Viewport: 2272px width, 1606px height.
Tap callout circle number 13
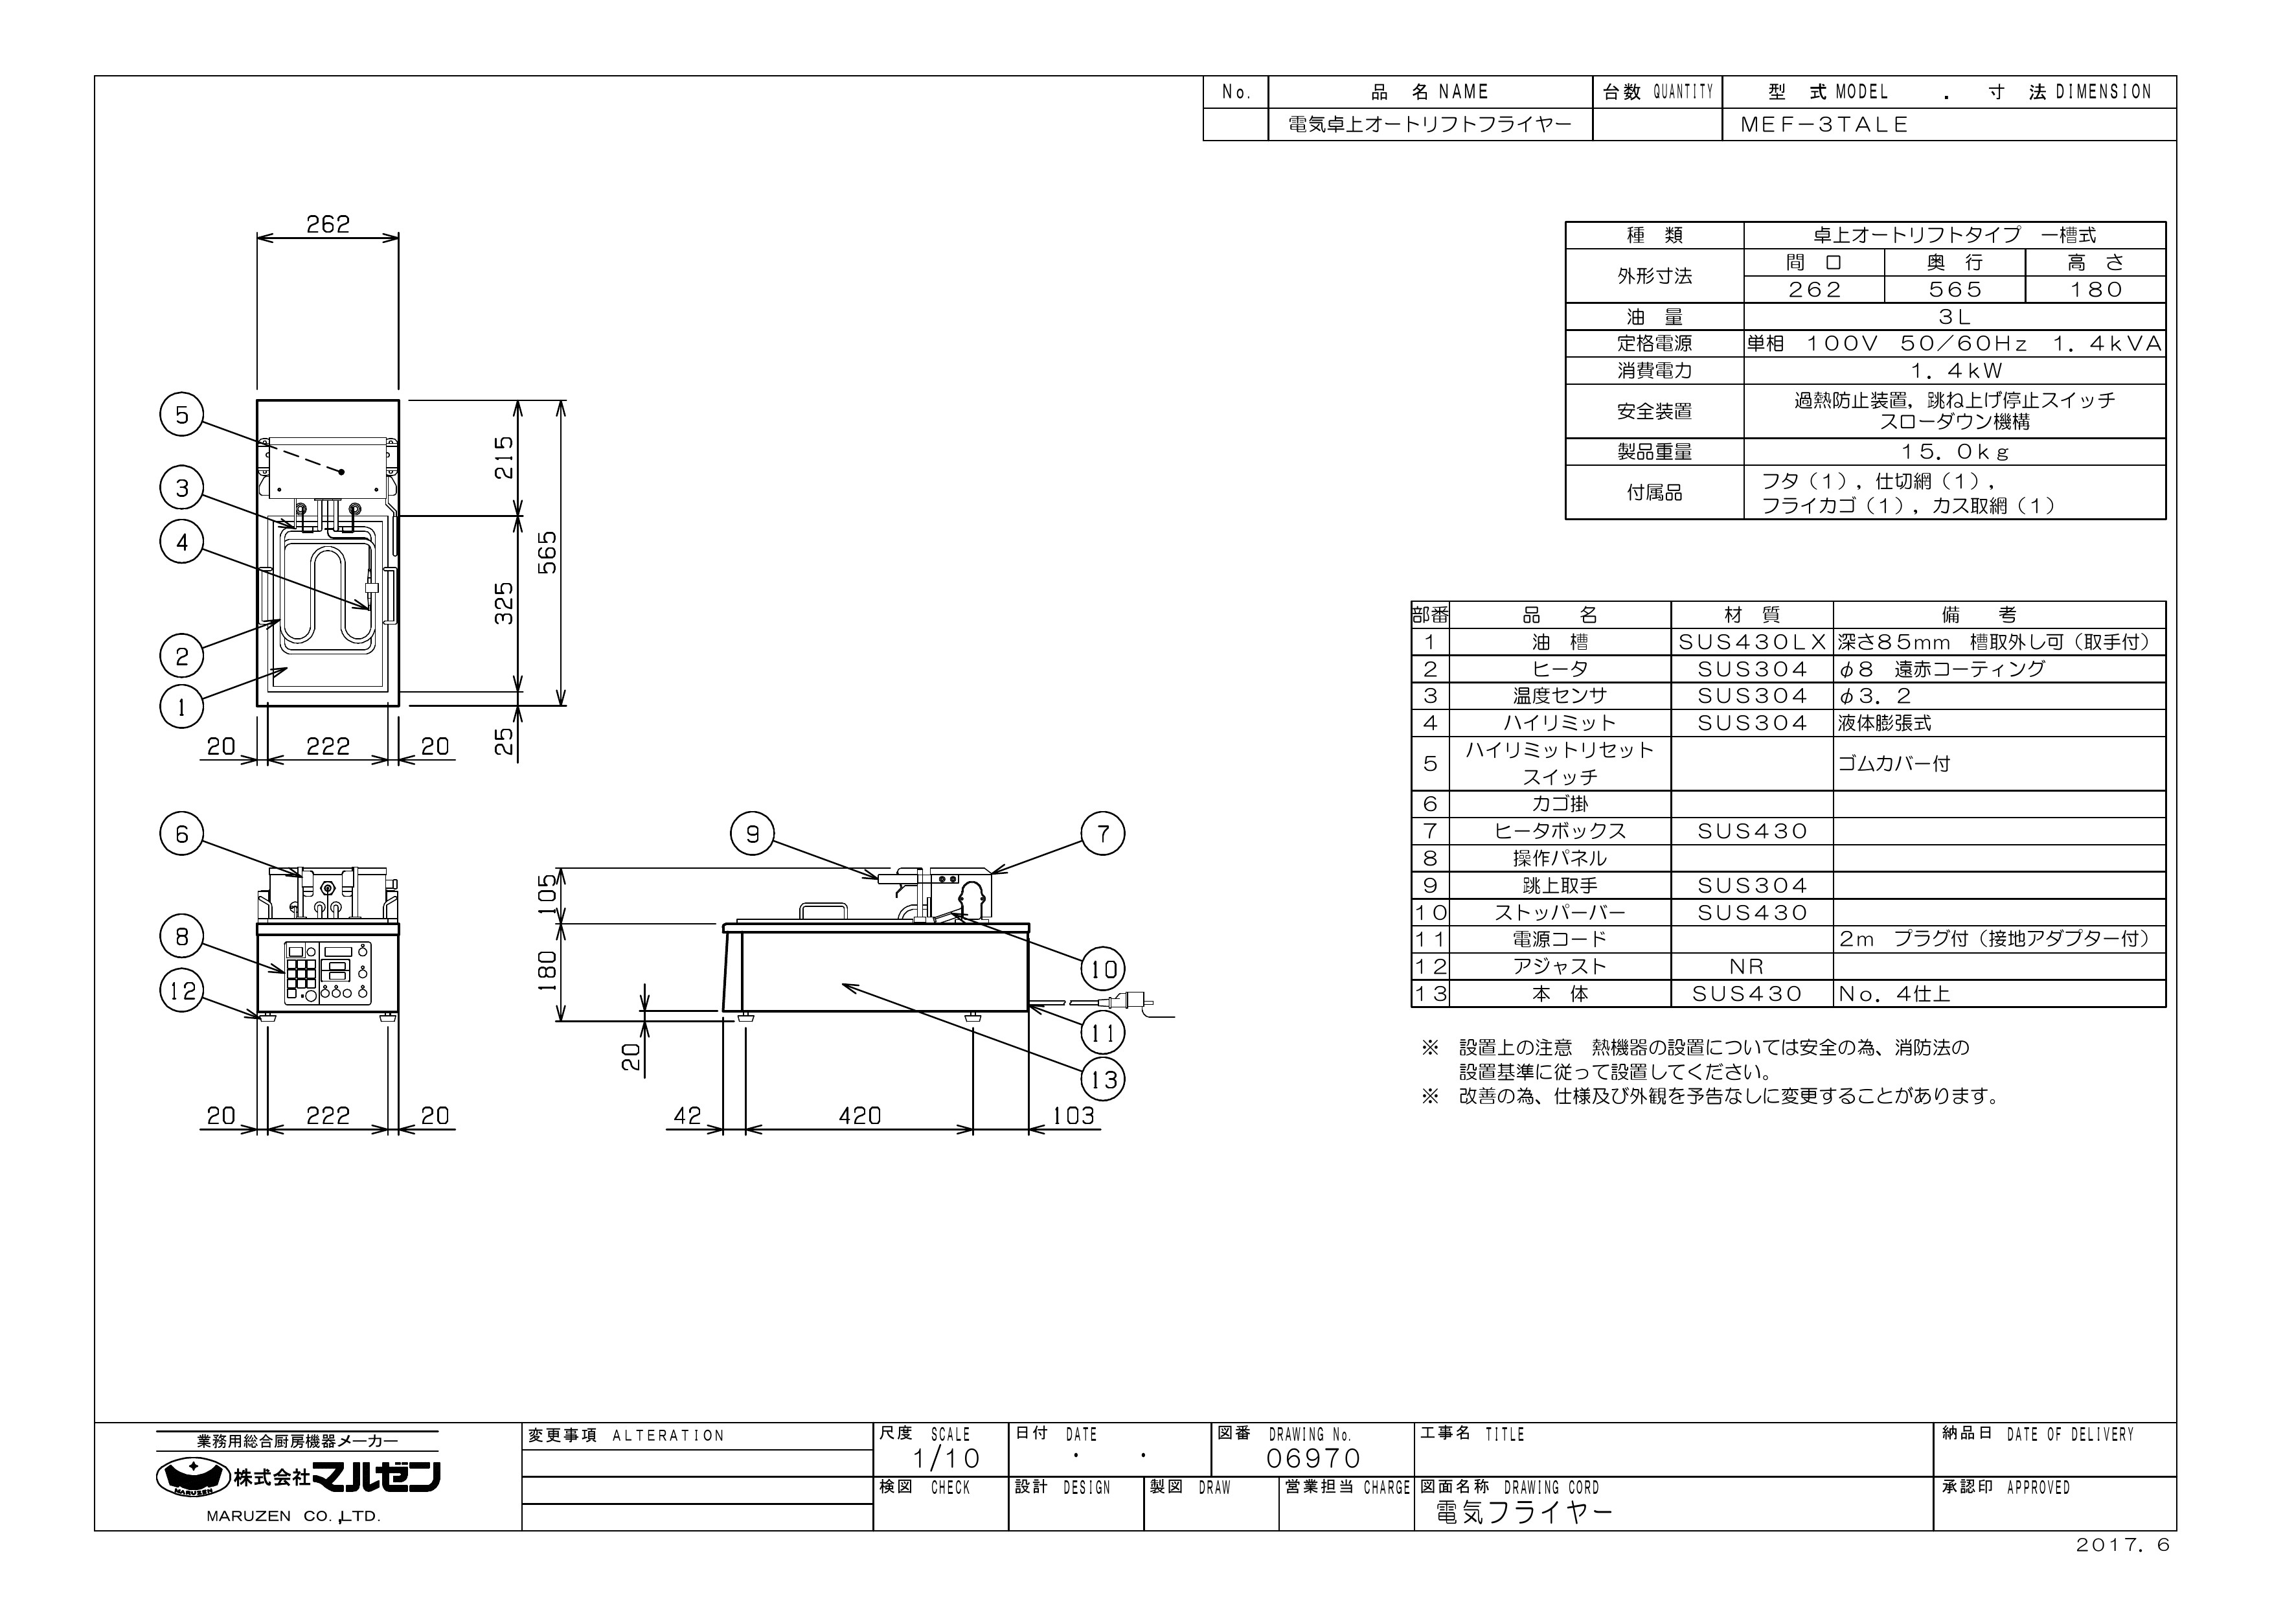[x=1104, y=1079]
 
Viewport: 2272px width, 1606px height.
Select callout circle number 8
[x=182, y=937]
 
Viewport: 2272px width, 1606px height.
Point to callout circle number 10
[x=1104, y=970]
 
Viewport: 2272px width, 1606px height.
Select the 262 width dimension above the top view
[x=328, y=225]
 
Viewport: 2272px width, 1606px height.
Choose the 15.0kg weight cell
[x=1955, y=452]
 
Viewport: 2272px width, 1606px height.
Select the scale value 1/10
[x=946, y=1458]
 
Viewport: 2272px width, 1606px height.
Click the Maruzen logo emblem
[x=193, y=1477]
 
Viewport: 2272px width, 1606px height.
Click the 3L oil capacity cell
[x=1955, y=317]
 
